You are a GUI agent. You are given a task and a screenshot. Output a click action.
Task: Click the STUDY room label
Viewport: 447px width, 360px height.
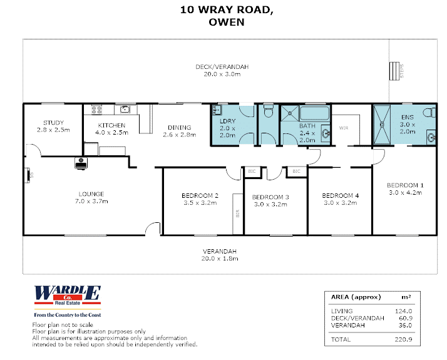coord(53,123)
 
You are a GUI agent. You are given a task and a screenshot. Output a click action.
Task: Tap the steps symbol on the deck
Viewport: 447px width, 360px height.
coord(394,71)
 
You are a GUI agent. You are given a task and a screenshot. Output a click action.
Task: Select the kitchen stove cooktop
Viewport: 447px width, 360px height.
coord(96,110)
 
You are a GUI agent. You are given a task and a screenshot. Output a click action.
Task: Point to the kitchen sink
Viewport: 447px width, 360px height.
coord(125,109)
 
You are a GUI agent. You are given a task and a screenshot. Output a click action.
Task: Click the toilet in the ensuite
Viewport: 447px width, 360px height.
coord(429,113)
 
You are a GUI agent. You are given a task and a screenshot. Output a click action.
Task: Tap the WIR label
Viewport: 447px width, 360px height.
coord(344,128)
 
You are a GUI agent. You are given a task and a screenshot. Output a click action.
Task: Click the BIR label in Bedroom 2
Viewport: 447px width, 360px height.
coord(238,213)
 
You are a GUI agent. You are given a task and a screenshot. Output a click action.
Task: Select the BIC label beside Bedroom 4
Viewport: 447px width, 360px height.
coord(297,171)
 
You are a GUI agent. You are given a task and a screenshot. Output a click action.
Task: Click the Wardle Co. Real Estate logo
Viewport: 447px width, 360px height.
coord(68,302)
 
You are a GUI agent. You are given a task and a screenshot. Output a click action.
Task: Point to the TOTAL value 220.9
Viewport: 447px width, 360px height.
coord(403,339)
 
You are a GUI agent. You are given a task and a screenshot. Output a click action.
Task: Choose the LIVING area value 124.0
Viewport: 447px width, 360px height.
coord(403,311)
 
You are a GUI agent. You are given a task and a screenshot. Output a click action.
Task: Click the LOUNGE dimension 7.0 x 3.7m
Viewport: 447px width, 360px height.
coord(91,201)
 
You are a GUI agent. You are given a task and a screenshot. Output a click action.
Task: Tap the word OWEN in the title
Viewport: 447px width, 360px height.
coord(227,23)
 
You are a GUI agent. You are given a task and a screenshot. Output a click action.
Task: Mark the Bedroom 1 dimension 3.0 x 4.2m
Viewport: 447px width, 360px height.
coord(406,193)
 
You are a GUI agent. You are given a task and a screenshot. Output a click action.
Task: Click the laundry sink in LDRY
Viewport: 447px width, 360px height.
coord(217,110)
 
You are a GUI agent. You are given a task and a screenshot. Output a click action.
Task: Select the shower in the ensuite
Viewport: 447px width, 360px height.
coord(382,125)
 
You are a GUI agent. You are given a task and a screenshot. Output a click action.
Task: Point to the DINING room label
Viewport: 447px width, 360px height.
coord(179,128)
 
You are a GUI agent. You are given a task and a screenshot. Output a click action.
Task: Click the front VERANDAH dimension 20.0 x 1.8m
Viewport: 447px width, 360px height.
coord(220,259)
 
